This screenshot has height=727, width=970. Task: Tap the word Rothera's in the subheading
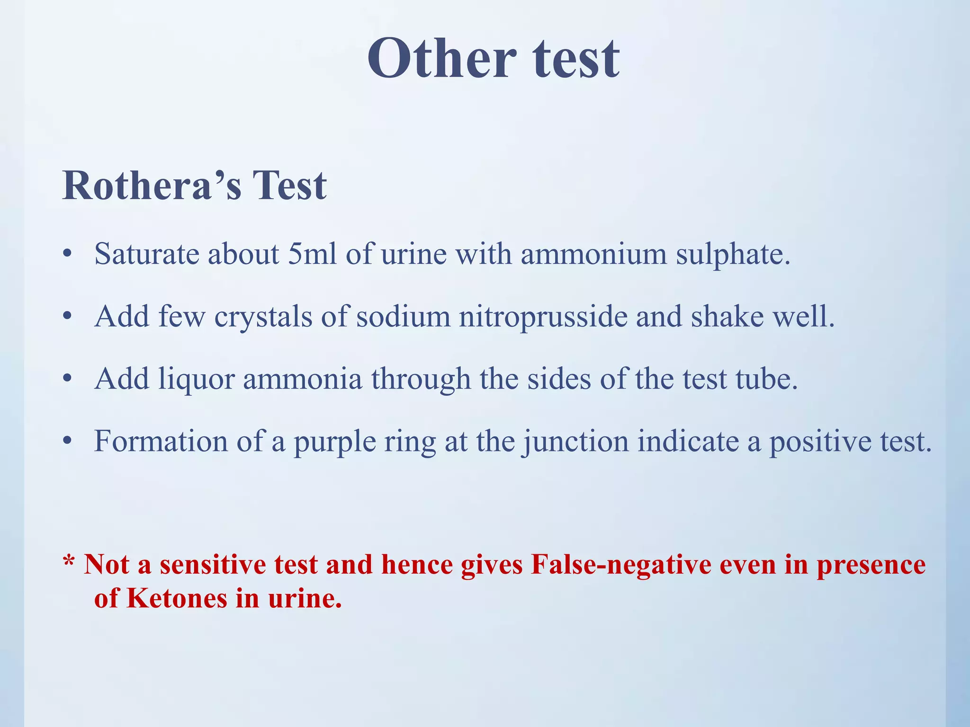(152, 186)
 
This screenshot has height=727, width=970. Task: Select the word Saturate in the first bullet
(146, 254)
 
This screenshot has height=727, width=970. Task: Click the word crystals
(263, 317)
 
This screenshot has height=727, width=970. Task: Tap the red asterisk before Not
(69, 562)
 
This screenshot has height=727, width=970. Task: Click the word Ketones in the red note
(177, 598)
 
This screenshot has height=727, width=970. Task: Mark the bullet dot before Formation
(67, 442)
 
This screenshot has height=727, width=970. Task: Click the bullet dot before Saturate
(67, 255)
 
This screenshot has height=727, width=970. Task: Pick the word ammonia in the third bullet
(303, 379)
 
